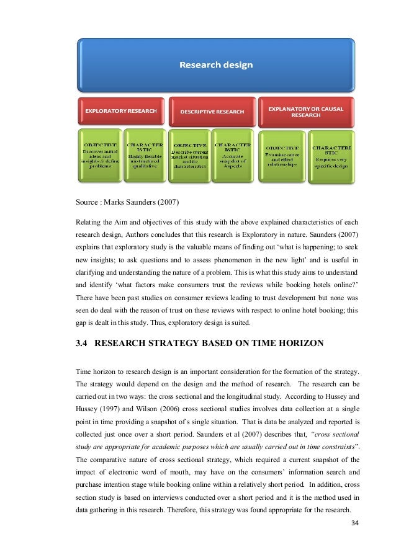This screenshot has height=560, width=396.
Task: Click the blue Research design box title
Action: (217, 64)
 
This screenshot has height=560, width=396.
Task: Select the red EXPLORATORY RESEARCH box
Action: (120, 111)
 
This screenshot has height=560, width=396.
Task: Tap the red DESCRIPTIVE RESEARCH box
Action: (212, 112)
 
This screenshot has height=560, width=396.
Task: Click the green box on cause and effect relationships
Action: (281, 156)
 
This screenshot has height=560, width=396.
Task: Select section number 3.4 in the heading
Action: (83, 341)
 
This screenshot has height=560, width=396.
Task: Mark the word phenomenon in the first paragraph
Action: (255, 259)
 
